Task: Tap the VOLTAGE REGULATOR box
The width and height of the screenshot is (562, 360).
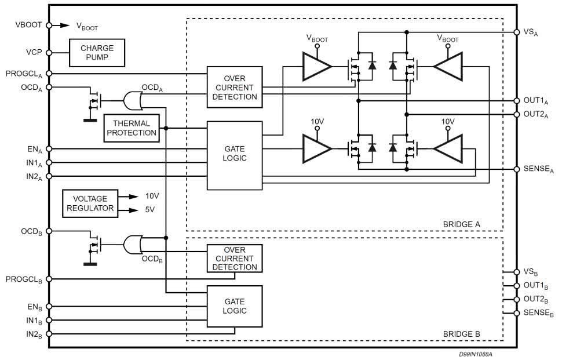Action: click(90, 203)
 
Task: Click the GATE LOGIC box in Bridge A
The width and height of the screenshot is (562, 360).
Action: click(235, 155)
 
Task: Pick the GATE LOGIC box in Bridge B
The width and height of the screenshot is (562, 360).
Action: click(235, 306)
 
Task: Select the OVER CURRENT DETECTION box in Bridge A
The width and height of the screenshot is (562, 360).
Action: click(235, 88)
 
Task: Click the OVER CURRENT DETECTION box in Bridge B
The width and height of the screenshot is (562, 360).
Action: click(235, 259)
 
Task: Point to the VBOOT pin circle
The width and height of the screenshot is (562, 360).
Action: click(49, 25)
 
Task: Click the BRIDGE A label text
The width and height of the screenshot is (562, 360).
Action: click(461, 223)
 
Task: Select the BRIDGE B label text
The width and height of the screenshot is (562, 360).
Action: click(461, 334)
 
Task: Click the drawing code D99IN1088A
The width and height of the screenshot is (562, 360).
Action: click(480, 353)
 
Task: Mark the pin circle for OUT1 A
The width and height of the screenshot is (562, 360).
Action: click(516, 101)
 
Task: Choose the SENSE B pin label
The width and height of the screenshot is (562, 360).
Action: click(538, 313)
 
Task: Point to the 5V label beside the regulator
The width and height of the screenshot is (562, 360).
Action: click(150, 209)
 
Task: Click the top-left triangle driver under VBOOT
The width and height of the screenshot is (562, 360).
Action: click(316, 67)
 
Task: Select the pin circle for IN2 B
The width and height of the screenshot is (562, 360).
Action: click(49, 334)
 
